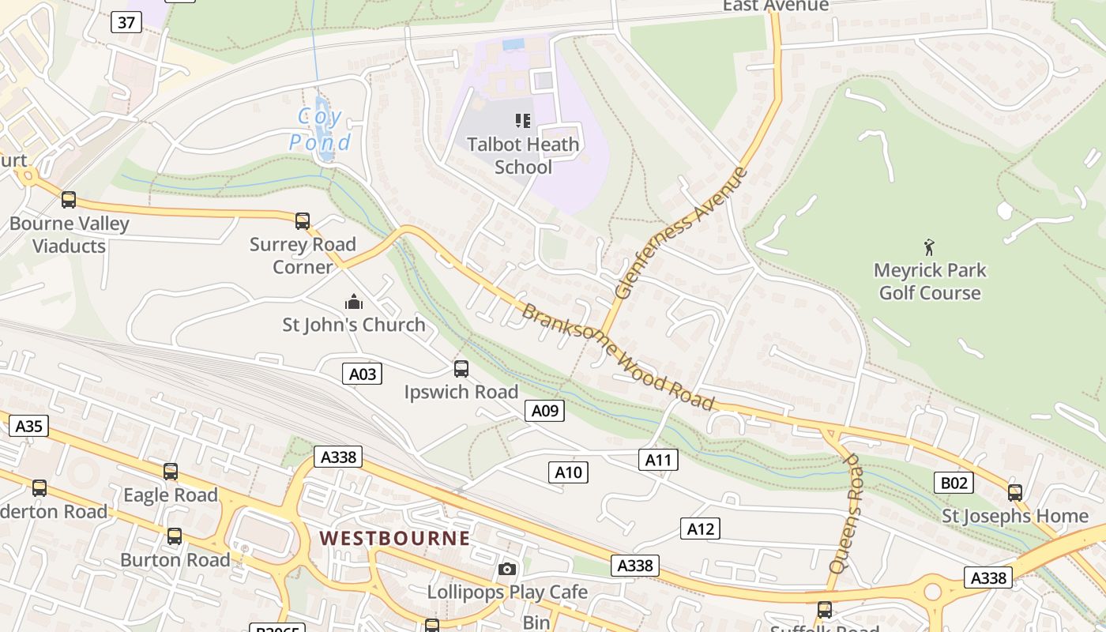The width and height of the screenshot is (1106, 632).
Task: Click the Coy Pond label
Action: pyautogui.click(x=320, y=130)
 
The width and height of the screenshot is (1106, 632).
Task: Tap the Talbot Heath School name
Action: pyautogui.click(x=523, y=156)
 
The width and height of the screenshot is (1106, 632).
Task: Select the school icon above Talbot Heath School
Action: pyautogui.click(x=522, y=121)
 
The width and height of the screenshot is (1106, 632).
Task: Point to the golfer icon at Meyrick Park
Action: pyautogui.click(x=929, y=248)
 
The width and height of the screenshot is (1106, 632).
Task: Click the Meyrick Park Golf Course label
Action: pyautogui.click(x=930, y=281)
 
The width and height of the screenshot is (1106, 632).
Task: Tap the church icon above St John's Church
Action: pyautogui.click(x=353, y=302)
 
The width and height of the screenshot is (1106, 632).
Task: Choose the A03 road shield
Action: pyautogui.click(x=363, y=374)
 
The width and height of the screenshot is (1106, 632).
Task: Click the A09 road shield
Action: pyautogui.click(x=544, y=410)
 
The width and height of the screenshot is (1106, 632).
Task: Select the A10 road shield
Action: pyautogui.click(x=568, y=472)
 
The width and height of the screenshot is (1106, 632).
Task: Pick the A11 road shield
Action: pyautogui.click(x=658, y=460)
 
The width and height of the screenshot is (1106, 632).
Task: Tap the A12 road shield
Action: pyautogui.click(x=701, y=529)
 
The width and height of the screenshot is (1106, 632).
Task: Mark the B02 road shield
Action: pyautogui.click(x=953, y=483)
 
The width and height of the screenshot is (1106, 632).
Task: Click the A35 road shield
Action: pyautogui.click(x=29, y=427)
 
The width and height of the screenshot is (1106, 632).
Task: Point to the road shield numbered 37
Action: pyautogui.click(x=126, y=22)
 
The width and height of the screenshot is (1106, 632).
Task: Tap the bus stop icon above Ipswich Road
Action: pyautogui.click(x=461, y=369)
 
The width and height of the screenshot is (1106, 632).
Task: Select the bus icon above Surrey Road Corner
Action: pyautogui.click(x=303, y=221)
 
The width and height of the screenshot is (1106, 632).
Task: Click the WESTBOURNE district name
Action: pyautogui.click(x=394, y=539)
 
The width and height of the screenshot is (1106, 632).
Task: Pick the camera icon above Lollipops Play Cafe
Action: pyautogui.click(x=507, y=569)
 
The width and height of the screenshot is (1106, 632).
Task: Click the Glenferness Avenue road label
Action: pyautogui.click(x=680, y=233)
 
